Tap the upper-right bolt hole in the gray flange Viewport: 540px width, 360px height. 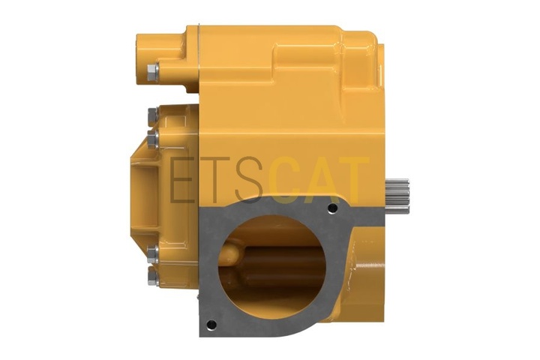click(x=332, y=208)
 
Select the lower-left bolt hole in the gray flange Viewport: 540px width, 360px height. click(x=211, y=325)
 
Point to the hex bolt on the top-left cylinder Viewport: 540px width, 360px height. click(x=152, y=72)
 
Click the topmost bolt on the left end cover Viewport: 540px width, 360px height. click(x=153, y=116)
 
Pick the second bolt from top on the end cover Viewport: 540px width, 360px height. click(x=153, y=139)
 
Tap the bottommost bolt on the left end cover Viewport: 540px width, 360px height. click(x=153, y=277)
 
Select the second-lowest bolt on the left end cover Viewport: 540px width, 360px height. click(x=153, y=254)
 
